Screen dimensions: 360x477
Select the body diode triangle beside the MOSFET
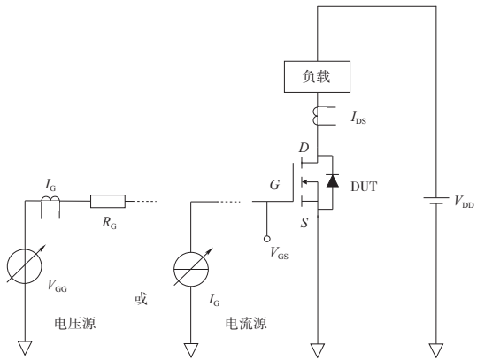pyautogui.click(x=333, y=180)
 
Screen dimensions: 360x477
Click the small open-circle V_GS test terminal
pyautogui.click(x=265, y=239)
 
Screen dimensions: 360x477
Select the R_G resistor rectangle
pyautogui.click(x=108, y=201)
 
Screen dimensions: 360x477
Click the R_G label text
pyautogui.click(x=109, y=225)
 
